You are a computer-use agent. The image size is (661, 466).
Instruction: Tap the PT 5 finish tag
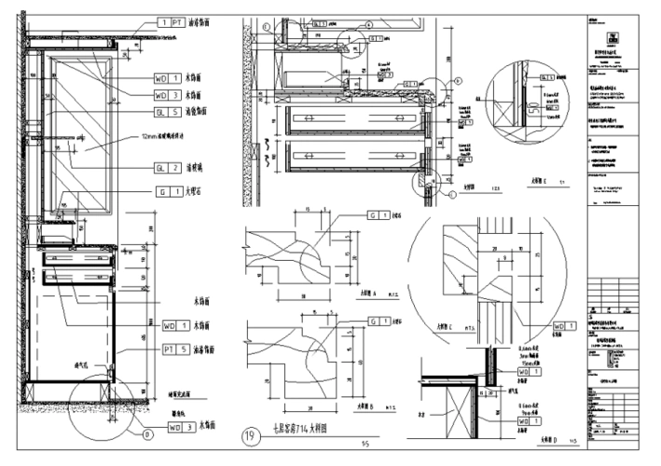pyautogui.click(x=170, y=349)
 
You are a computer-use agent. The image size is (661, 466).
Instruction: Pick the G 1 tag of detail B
pyautogui.click(x=379, y=322)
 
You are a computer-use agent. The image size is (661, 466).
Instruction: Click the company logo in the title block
pyautogui.click(x=613, y=37)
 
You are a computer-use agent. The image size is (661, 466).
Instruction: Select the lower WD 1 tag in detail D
pyautogui.click(x=526, y=423)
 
